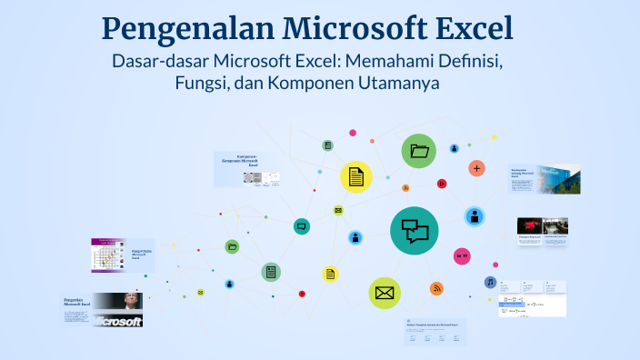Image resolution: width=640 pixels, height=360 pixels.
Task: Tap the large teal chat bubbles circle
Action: click(x=415, y=231)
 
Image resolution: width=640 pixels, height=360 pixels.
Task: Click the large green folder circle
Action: click(x=418, y=151)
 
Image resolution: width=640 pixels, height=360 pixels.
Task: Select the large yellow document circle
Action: click(x=356, y=176)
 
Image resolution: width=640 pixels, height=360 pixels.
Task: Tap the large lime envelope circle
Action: click(x=385, y=293)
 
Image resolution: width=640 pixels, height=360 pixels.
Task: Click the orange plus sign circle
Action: click(x=476, y=168)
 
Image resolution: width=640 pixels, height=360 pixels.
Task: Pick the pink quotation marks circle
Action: click(x=462, y=256)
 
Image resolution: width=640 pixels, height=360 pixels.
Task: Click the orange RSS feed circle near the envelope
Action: click(x=437, y=288)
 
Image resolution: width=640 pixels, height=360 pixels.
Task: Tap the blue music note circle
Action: click(x=490, y=282)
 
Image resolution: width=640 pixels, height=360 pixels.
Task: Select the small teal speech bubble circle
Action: click(x=302, y=226)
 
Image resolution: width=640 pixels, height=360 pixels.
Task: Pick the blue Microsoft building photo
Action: click(x=556, y=178)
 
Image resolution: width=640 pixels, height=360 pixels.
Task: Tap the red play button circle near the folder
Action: click(x=441, y=183)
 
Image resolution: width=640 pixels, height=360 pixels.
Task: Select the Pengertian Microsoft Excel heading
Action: click(x=77, y=301)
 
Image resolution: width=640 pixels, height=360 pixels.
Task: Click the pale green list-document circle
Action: click(x=271, y=272)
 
